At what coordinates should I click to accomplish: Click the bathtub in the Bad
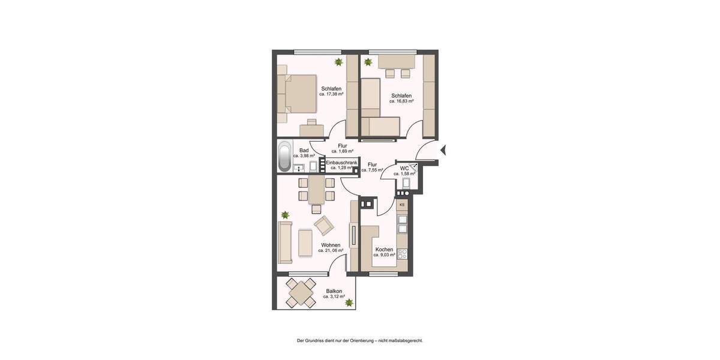coord(284,156)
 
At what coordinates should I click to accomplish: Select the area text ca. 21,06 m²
coord(331,251)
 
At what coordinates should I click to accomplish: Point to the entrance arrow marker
coord(443,150)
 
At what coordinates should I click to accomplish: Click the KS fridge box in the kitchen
coord(402,205)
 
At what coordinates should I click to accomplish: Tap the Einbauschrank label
coord(341,163)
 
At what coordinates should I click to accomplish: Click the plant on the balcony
coord(349,303)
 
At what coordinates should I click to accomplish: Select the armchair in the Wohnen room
coord(324,225)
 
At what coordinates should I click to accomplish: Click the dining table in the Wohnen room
coord(316,190)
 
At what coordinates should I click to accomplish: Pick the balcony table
coord(301,293)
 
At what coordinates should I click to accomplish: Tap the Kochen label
coord(384,250)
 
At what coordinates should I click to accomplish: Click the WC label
coord(404,169)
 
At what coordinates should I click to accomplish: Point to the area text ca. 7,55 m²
coord(372,170)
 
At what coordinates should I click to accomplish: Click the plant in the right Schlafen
coord(368,61)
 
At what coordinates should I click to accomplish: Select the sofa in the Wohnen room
coord(285,242)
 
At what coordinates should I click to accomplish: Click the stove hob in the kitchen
coord(403,253)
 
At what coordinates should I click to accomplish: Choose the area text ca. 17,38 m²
coord(331,94)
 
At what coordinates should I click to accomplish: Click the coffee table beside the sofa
coord(305,242)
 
